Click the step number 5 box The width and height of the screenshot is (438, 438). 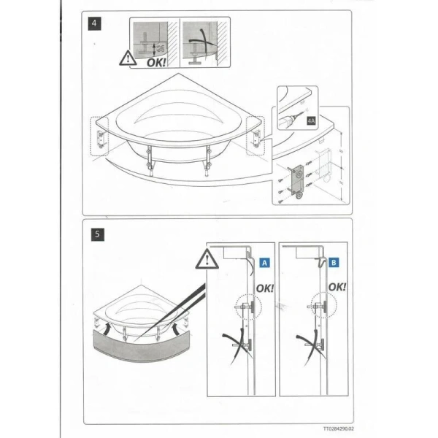[96, 235]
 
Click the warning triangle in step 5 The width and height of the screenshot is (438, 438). [207, 257]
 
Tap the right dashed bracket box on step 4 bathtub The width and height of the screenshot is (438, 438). [256, 136]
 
